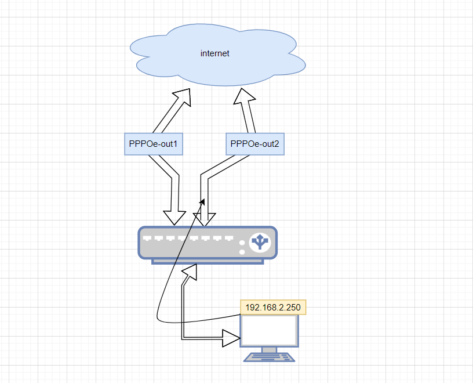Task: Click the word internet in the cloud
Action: pos(215,53)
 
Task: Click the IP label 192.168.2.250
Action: pos(273,308)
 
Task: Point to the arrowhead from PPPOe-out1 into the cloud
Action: pos(184,96)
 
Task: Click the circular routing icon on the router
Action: pos(259,242)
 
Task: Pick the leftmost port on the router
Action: pos(147,238)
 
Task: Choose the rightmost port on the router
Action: pos(229,238)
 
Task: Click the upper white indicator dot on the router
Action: pos(242,244)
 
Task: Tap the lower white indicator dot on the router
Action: pos(242,252)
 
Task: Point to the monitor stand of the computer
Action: pos(270,349)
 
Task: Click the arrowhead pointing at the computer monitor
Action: pos(231,337)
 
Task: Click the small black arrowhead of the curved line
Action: pos(203,200)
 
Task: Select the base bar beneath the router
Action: pos(208,261)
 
